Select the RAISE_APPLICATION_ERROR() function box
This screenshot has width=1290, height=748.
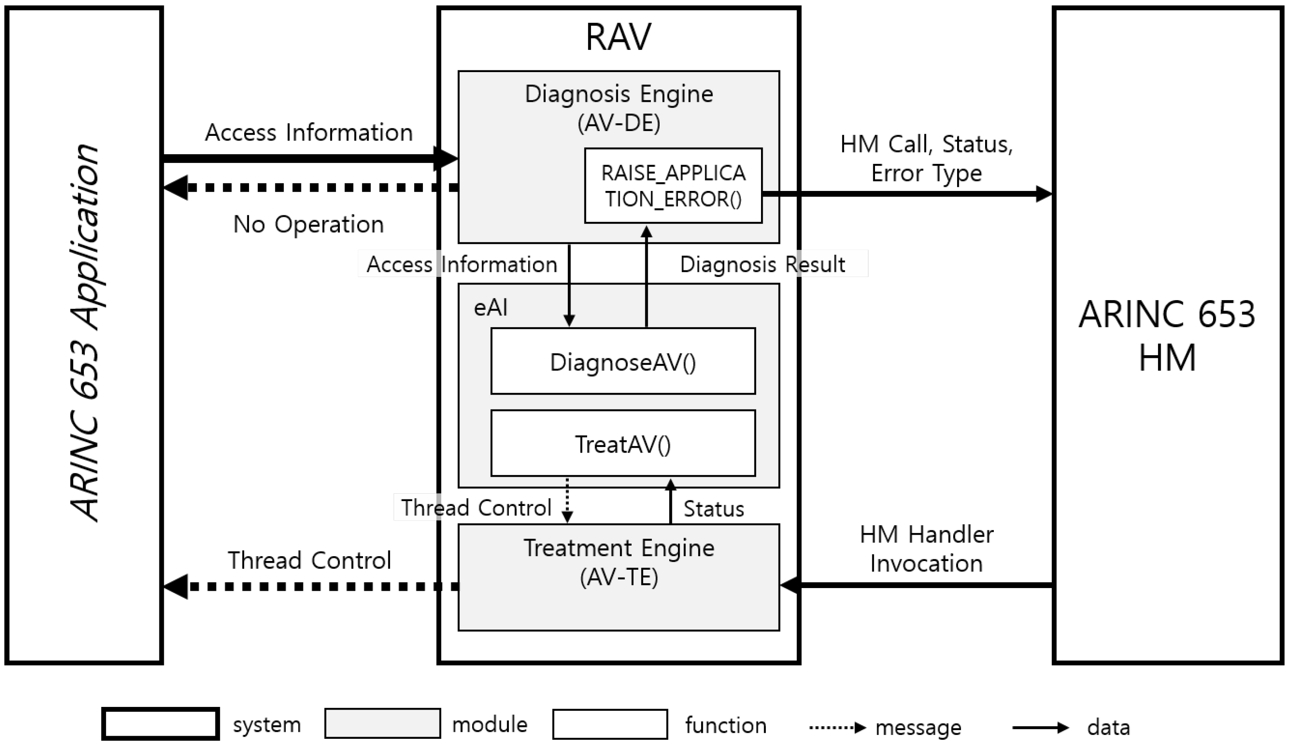pyautogui.click(x=673, y=186)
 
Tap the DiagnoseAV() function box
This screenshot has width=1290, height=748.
pyautogui.click(x=623, y=361)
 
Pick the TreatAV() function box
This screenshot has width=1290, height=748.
pyautogui.click(x=623, y=443)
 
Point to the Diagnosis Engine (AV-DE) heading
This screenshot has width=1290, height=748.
pyautogui.click(x=619, y=107)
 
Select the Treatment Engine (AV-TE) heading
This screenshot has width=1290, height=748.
pyautogui.click(x=619, y=562)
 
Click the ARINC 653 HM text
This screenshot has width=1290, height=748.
pyautogui.click(x=1167, y=336)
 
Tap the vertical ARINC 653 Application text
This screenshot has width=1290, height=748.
pyautogui.click(x=84, y=333)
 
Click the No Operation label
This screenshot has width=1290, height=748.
pyautogui.click(x=308, y=224)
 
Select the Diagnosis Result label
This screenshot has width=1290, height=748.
pyautogui.click(x=762, y=264)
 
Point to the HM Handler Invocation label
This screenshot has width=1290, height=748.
pyautogui.click(x=926, y=548)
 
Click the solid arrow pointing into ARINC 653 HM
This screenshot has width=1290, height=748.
pyautogui.click(x=906, y=194)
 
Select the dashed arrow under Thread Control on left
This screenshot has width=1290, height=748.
pyautogui.click(x=310, y=587)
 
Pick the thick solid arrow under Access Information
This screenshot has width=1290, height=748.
pyautogui.click(x=307, y=158)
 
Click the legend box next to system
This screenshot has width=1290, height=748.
pyautogui.click(x=160, y=724)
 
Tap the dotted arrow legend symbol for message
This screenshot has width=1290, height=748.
pyautogui.click(x=837, y=727)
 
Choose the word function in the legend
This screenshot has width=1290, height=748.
pyautogui.click(x=725, y=725)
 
